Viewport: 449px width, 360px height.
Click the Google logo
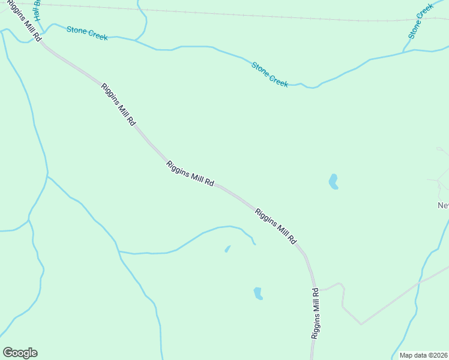click(20, 353)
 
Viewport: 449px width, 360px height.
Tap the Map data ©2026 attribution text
click(424, 355)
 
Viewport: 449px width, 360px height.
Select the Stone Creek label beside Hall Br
click(87, 33)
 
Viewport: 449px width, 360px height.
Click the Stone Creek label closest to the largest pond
click(270, 74)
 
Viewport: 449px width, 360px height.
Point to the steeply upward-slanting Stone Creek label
click(420, 22)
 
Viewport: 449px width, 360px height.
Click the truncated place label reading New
click(443, 205)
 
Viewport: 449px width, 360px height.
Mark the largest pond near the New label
click(333, 181)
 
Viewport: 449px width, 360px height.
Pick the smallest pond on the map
click(227, 249)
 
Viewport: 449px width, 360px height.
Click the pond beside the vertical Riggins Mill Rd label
click(258, 293)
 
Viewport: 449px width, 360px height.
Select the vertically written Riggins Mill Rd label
click(315, 314)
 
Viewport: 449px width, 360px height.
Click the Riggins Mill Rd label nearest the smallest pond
click(276, 226)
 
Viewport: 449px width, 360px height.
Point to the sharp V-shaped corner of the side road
click(361, 324)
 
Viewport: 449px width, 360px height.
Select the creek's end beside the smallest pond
click(255, 244)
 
